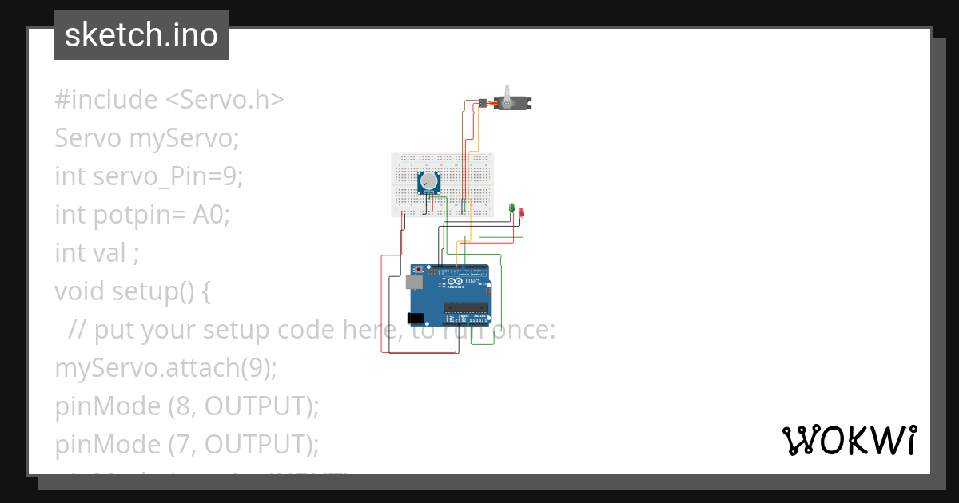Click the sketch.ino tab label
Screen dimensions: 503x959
click(x=141, y=35)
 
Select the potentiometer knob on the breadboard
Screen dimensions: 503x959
click(x=430, y=182)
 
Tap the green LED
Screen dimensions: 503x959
click(x=511, y=208)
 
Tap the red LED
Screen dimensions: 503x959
click(x=521, y=212)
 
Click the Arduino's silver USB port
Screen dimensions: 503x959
click(x=414, y=282)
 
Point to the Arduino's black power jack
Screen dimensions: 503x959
click(x=416, y=319)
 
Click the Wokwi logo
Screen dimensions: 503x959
click(x=849, y=440)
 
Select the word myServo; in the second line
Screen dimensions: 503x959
click(x=184, y=138)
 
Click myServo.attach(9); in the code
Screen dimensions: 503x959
click(x=165, y=368)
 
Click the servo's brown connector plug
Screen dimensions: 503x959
click(x=485, y=102)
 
